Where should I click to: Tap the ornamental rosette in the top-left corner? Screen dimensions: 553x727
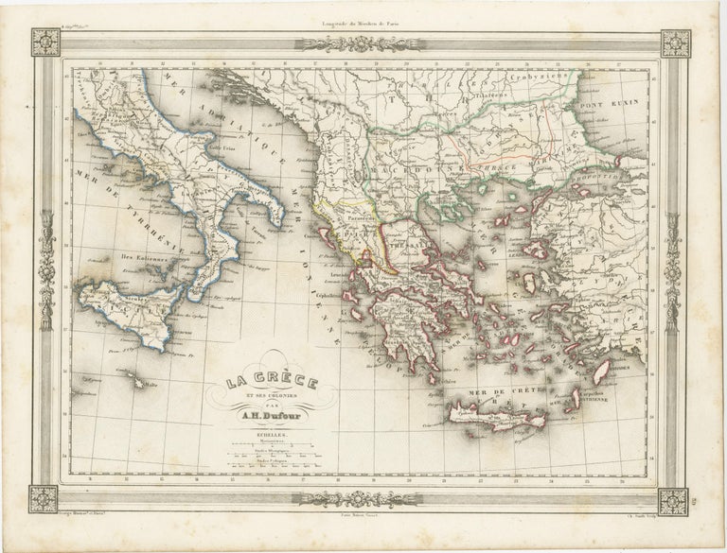point(44,43)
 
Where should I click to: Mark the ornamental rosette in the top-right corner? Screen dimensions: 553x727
point(675,43)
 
